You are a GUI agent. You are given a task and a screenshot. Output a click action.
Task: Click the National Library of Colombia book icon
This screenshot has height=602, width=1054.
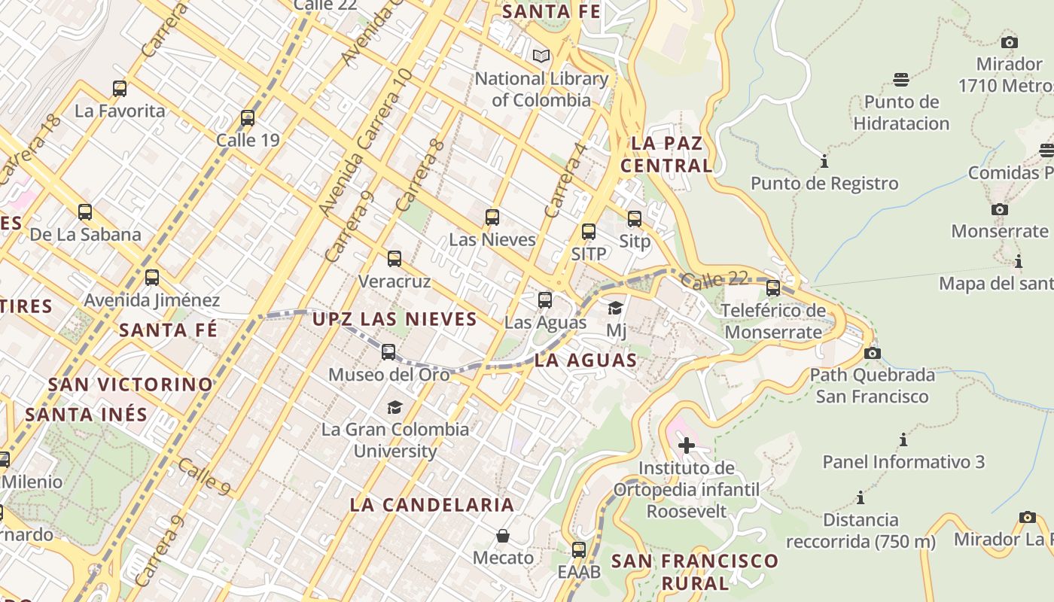coord(541,56)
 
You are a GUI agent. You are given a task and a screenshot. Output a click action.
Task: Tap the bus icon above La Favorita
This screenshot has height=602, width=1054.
coord(120,89)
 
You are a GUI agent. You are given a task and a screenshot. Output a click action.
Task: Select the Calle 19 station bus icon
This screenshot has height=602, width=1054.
coord(248,118)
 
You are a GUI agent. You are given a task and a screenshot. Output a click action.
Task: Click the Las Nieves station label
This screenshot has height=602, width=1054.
coord(492,240)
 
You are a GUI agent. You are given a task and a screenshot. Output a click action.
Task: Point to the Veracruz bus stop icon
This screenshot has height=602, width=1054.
coord(394,260)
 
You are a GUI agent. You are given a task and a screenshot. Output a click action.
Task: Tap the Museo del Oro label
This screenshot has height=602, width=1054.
coord(388,374)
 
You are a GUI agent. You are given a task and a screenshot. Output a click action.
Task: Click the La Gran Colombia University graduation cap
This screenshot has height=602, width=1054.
coord(394,408)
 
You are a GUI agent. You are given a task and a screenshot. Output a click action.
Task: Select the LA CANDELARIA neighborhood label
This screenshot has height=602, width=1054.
coord(432,505)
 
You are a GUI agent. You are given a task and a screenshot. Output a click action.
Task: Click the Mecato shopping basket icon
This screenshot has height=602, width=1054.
coord(503,536)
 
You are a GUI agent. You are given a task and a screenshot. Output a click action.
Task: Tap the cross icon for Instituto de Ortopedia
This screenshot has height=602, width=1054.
coord(686,445)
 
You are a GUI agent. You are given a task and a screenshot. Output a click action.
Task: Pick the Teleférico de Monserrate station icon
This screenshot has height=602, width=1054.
coord(772,288)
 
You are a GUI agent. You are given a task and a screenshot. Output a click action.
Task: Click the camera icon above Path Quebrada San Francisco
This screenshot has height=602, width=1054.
coord(872,353)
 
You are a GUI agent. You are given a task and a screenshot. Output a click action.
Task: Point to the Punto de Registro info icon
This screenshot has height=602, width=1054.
coord(824,162)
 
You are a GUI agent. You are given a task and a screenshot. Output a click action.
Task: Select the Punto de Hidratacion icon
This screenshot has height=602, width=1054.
coord(901,80)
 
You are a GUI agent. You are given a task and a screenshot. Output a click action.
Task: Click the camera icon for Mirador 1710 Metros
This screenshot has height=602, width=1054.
coord(1010,42)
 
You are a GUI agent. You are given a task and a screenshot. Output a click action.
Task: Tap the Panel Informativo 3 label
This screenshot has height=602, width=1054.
coord(903,462)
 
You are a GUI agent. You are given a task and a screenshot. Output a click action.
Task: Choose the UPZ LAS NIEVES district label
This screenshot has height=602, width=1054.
coord(394,319)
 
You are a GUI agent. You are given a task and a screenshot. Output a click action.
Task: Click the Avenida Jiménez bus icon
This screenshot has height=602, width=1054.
coord(152,278)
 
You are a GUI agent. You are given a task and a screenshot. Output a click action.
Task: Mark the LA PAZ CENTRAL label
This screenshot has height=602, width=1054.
coord(666,154)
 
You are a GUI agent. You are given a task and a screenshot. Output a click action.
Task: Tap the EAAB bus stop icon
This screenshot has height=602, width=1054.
coord(578,550)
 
